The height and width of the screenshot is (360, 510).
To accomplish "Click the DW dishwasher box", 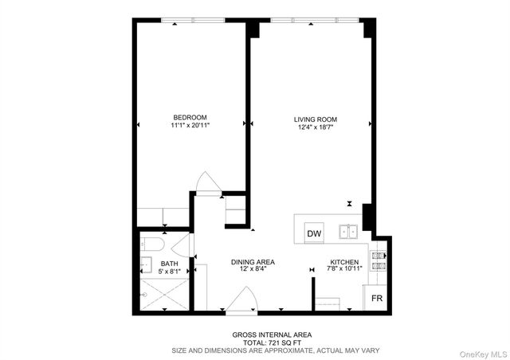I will [314, 233].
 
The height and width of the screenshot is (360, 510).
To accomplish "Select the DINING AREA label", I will [253, 262].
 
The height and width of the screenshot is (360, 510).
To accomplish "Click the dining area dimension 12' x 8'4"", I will [253, 269].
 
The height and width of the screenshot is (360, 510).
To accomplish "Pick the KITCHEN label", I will [345, 262].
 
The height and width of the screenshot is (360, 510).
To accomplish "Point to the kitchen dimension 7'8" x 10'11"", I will [345, 269].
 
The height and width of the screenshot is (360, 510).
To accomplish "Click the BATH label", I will [170, 264].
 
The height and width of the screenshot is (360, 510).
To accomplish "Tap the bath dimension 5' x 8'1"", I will [170, 272].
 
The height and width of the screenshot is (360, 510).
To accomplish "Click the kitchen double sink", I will [348, 232].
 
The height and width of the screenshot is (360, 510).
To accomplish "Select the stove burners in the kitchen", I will [377, 261].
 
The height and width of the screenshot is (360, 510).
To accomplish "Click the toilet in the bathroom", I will [152, 243].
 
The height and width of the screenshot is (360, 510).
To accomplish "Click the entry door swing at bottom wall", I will [241, 301].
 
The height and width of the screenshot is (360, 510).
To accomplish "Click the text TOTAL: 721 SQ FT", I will [261, 342].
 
